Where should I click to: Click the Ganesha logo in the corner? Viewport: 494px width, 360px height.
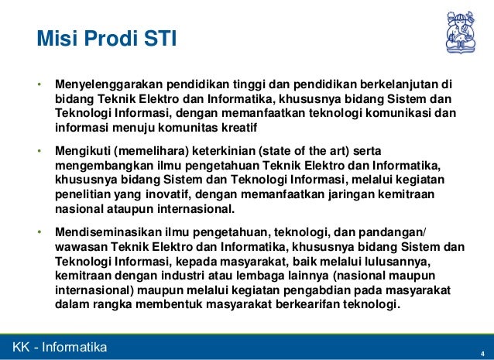tap(461, 32)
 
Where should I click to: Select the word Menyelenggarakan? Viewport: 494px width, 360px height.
tap(108, 84)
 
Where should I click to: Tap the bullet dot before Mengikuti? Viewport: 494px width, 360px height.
tap(39, 151)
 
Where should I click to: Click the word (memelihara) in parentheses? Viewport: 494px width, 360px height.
tap(151, 151)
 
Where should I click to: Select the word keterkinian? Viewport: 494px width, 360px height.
tap(224, 151)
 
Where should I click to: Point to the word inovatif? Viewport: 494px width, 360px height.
tap(168, 194)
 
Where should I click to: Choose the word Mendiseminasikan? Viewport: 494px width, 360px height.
tap(108, 232)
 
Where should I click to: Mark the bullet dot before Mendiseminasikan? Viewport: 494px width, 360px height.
tap(39, 232)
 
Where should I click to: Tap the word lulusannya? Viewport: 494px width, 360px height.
tap(397, 262)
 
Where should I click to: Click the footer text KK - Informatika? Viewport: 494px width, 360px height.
tap(60, 347)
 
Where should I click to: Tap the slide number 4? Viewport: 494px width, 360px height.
tap(482, 354)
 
